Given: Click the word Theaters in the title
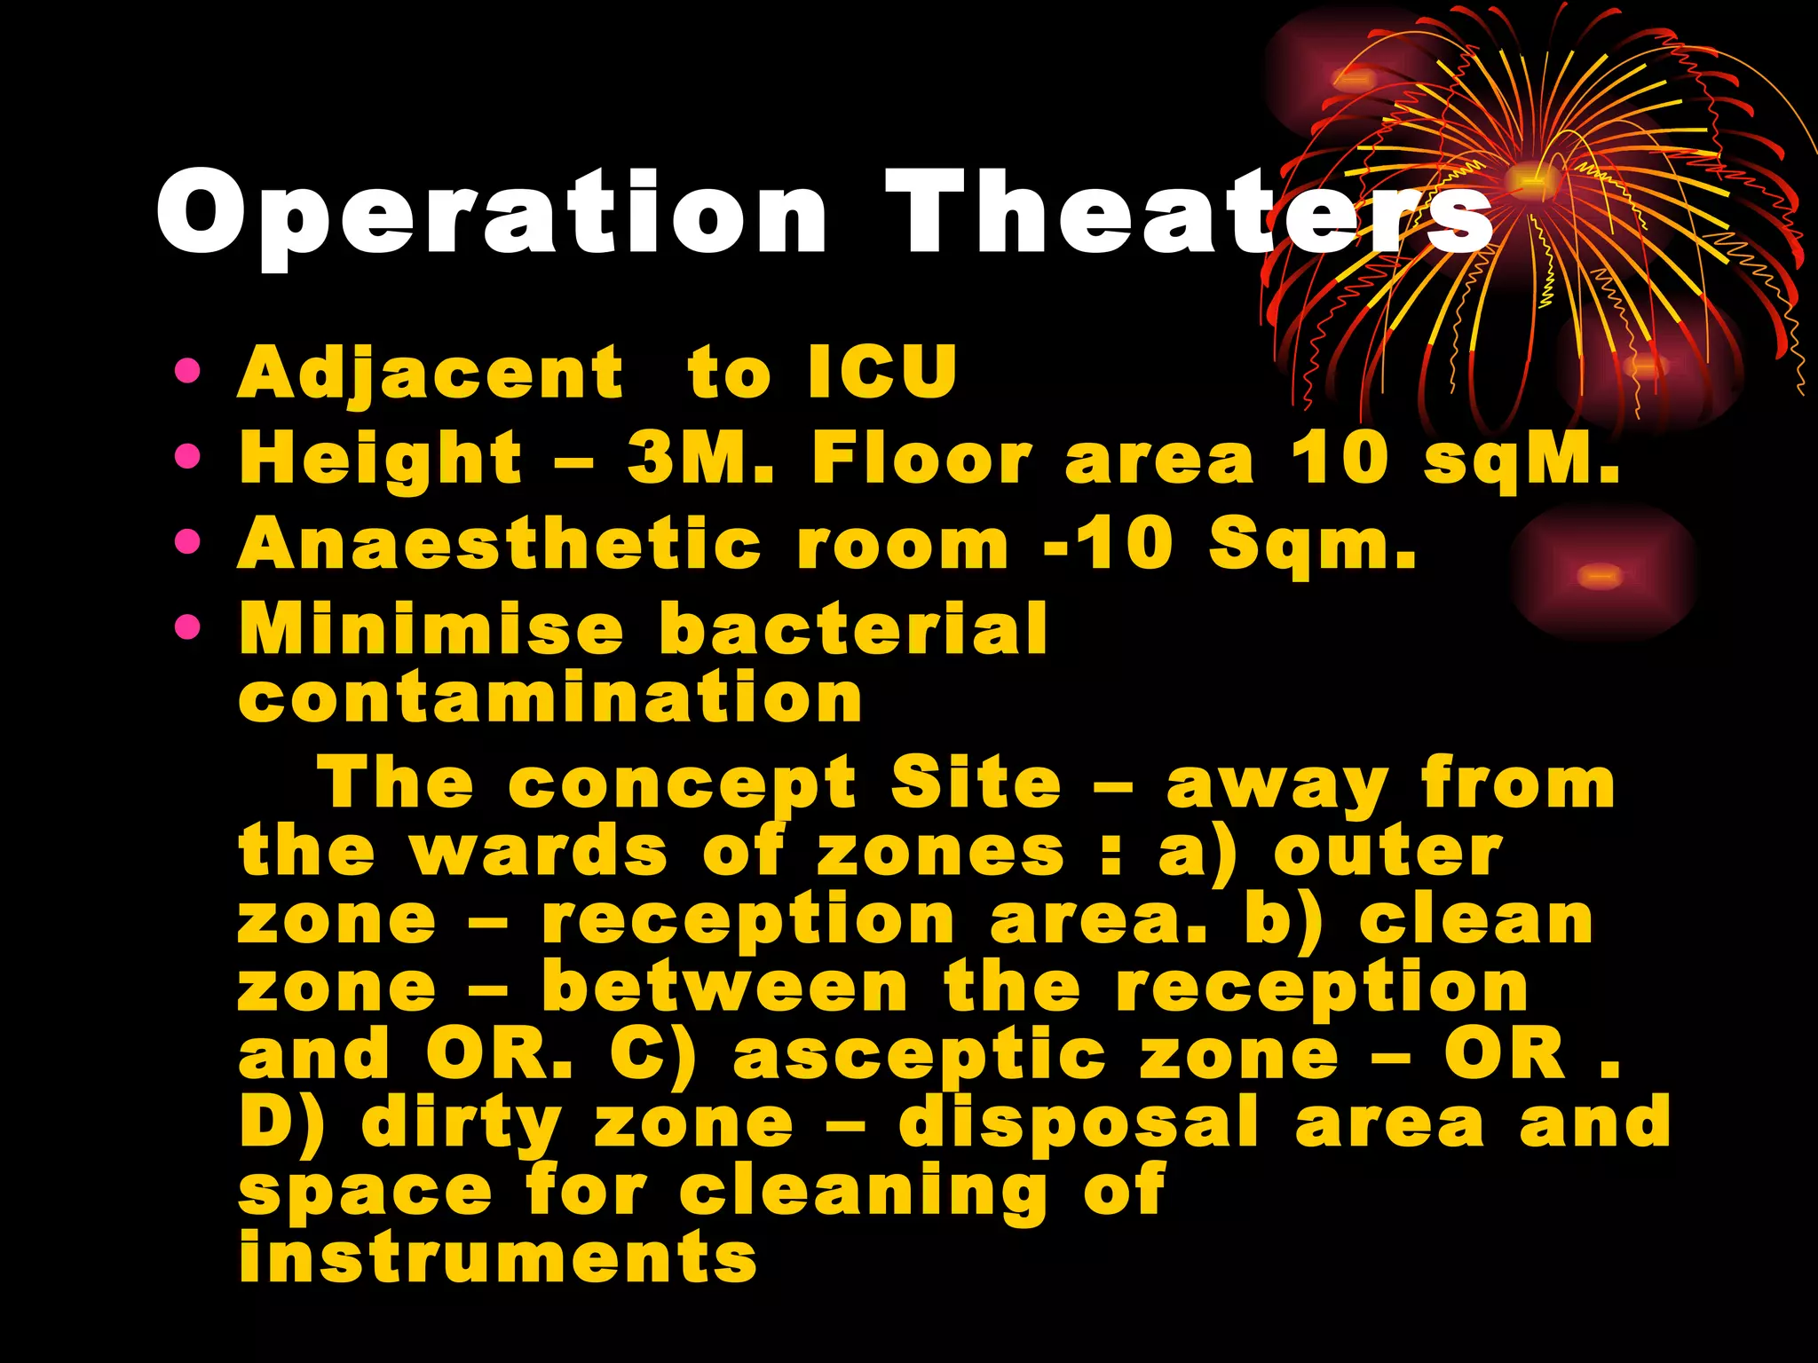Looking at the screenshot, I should (x=1190, y=213).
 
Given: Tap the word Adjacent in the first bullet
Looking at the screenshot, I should (x=431, y=374).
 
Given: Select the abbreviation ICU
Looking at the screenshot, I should (x=882, y=372).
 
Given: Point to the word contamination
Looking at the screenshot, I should (x=550, y=697).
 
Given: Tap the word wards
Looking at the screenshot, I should (x=539, y=851).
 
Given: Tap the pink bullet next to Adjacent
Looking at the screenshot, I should (x=188, y=371).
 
